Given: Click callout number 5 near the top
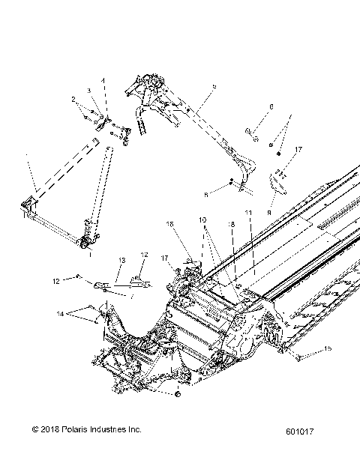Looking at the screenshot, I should [x=214, y=88].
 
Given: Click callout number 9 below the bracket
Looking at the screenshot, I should [x=270, y=212].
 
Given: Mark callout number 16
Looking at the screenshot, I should [x=169, y=223].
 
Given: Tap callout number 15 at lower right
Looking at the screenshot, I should [x=328, y=349].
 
